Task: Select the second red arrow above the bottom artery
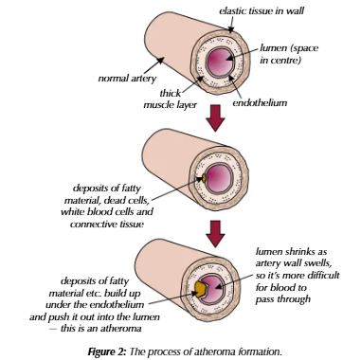click(x=217, y=230)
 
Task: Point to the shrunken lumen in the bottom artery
click(x=220, y=288)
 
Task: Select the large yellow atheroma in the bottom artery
click(x=202, y=288)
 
